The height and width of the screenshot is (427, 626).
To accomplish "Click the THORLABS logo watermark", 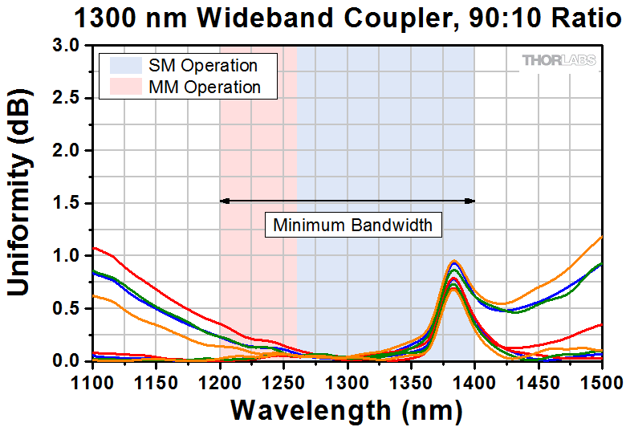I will (559, 60).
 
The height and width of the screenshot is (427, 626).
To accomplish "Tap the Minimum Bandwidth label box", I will (353, 225).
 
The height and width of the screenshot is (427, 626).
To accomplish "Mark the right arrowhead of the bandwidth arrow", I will (471, 201).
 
